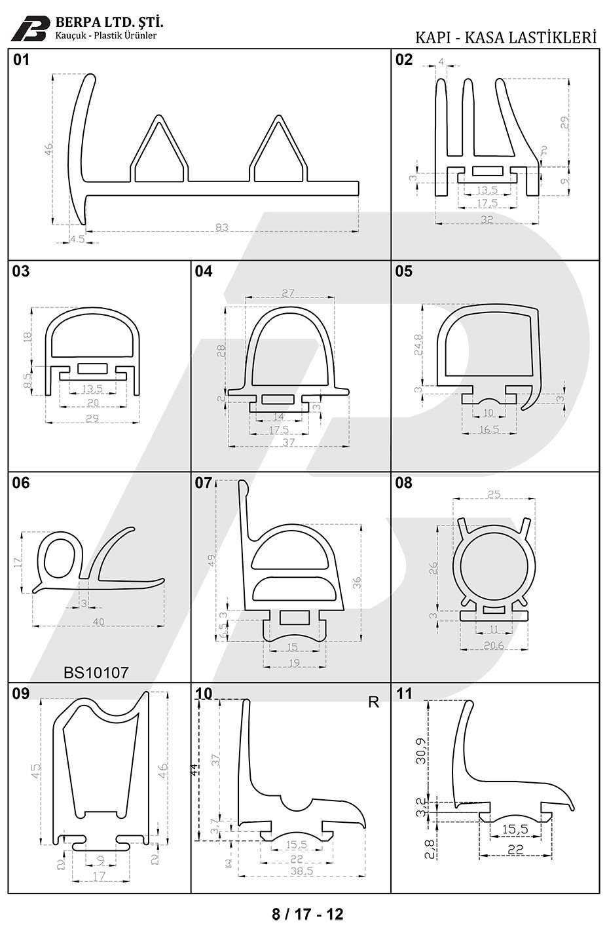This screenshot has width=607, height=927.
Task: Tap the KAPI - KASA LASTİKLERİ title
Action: (506, 37)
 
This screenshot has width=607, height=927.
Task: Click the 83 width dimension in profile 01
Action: (221, 227)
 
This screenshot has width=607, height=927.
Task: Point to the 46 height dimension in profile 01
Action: (48, 149)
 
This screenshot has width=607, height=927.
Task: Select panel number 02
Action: (404, 60)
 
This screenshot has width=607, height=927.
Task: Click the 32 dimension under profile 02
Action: (487, 219)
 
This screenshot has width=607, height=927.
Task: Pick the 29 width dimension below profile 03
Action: (92, 418)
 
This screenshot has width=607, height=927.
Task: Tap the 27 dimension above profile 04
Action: (289, 293)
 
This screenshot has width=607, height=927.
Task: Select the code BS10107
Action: (96, 672)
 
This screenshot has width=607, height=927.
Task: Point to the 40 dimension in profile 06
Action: (98, 621)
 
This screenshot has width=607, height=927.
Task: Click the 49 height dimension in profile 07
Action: (211, 560)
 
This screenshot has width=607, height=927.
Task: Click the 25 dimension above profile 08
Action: (494, 494)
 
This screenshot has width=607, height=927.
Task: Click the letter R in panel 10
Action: (374, 702)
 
